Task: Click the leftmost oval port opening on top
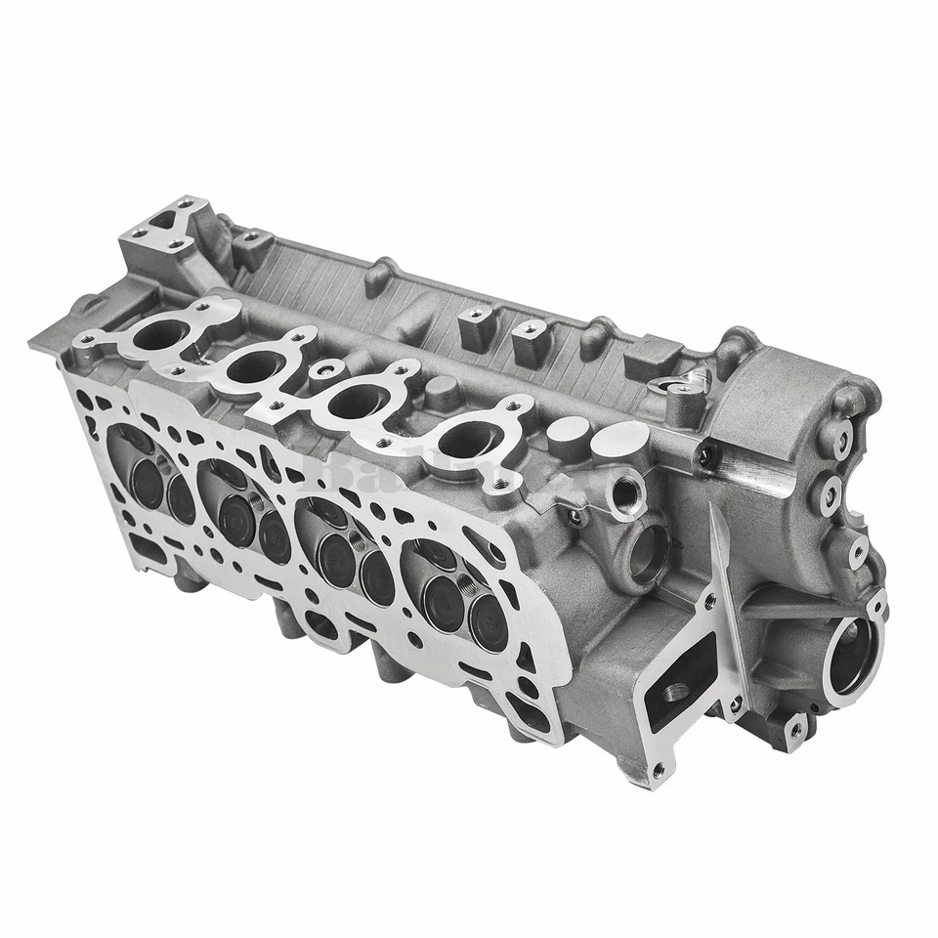pos(156,335)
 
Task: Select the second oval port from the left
pos(256,367)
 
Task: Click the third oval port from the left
pos(359,400)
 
